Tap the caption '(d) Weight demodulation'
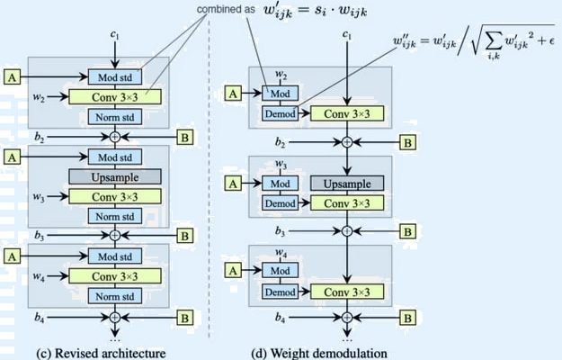pos(329,352)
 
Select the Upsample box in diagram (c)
pos(114,176)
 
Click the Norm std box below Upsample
pos(114,216)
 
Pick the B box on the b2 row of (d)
pos(407,143)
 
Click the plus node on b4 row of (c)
pos(114,318)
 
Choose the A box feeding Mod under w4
pos(232,269)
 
